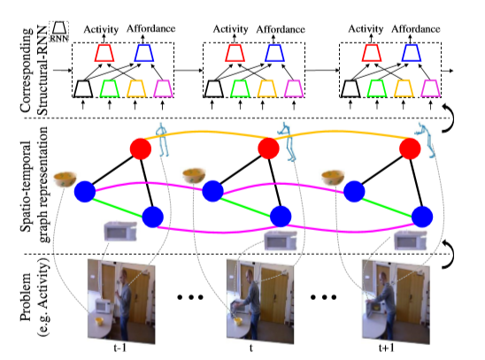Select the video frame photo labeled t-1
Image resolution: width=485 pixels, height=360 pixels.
tap(119, 298)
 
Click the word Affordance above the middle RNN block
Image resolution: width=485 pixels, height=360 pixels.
tap(279, 29)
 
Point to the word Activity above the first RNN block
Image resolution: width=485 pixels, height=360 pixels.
tap(101, 29)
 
